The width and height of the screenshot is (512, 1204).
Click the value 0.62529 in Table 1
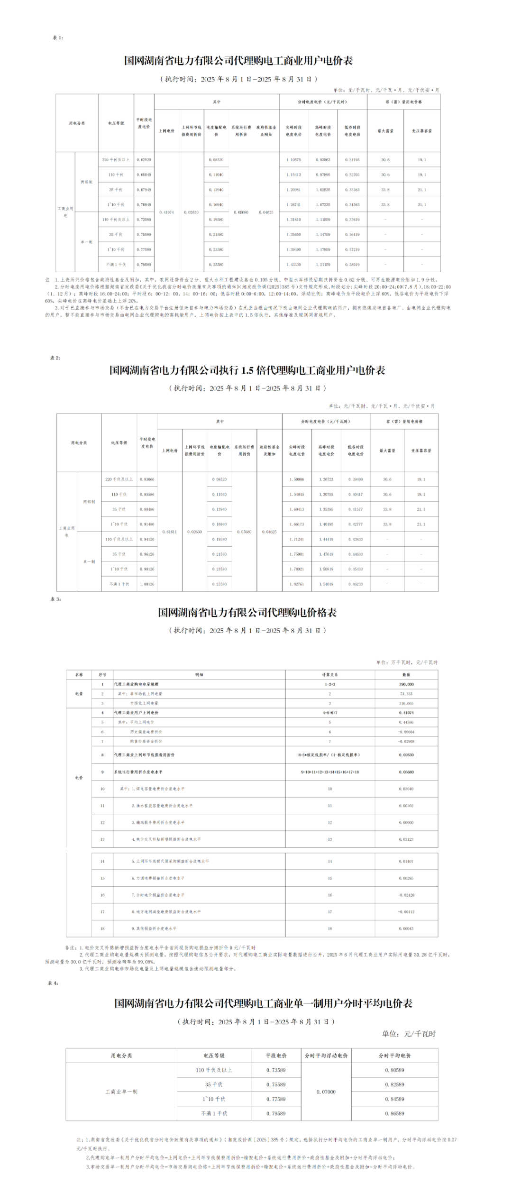(144, 160)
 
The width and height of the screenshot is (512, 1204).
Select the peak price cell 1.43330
(293, 265)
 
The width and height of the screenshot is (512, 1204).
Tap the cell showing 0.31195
(352, 160)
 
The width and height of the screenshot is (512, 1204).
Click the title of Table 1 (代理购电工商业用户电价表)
(238, 61)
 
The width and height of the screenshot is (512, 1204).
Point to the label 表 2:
(55, 358)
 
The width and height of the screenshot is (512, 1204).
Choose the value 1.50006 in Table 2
(297, 479)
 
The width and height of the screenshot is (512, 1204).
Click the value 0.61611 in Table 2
(169, 532)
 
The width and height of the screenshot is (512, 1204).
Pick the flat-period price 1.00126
(147, 584)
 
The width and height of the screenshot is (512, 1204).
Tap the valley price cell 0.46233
(356, 584)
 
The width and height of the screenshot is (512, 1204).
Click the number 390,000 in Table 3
(406, 684)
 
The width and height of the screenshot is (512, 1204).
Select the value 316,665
(406, 703)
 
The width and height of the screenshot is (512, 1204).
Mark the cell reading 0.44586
(406, 722)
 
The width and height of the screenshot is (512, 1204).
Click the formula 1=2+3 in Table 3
(329, 684)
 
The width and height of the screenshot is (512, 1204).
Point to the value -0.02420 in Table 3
(406, 895)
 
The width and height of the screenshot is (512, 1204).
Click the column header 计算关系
(329, 674)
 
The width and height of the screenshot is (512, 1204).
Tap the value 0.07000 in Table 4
(326, 1092)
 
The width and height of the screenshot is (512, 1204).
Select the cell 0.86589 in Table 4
(394, 1113)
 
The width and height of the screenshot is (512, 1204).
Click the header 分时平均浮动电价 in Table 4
(326, 1056)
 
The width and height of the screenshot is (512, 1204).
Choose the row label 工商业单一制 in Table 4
(121, 1092)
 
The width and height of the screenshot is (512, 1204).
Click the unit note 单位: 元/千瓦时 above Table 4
(408, 1034)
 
